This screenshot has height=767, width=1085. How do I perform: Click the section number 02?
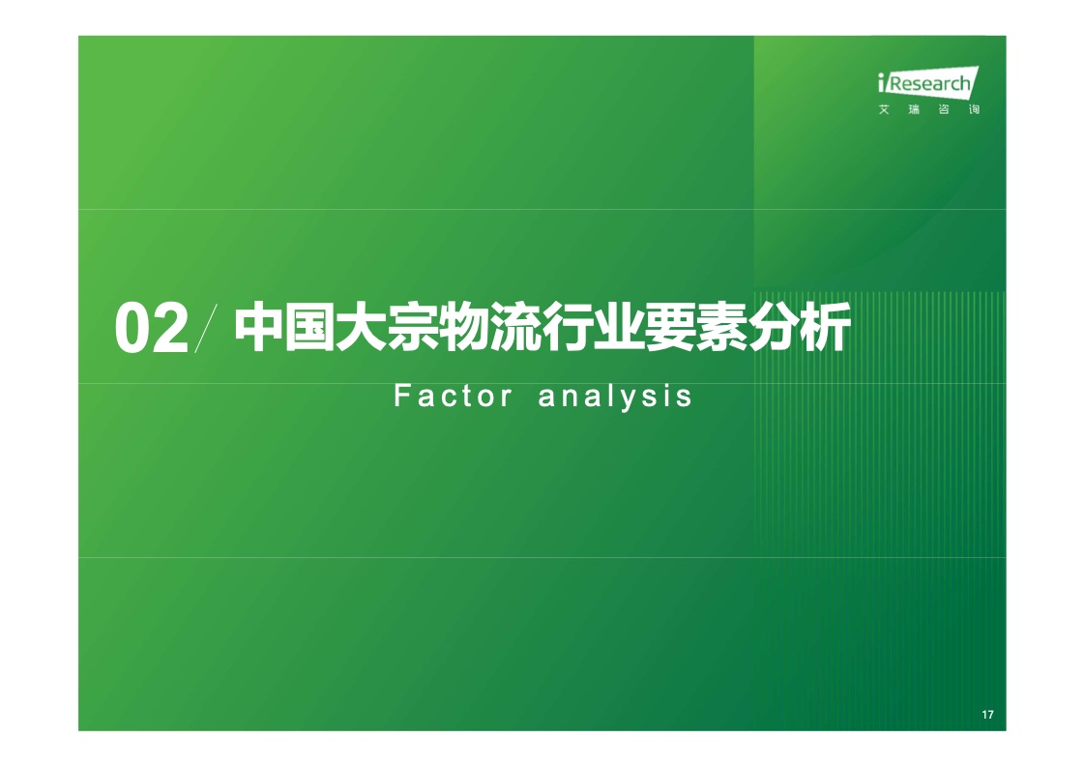point(152,328)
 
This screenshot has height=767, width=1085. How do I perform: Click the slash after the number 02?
point(206,328)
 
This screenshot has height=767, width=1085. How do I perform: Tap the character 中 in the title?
point(259,327)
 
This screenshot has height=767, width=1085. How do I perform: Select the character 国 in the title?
point(310,327)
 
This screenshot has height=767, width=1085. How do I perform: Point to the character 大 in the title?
point(362,327)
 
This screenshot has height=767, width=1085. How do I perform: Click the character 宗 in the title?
point(412,327)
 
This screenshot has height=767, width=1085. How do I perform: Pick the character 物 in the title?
point(463,327)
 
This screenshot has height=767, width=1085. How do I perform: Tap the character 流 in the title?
point(515,327)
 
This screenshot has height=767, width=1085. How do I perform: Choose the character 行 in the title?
point(567,327)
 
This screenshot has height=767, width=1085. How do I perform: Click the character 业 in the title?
point(618,327)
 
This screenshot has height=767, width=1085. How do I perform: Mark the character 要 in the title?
point(669,327)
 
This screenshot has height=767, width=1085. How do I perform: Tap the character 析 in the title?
point(824,327)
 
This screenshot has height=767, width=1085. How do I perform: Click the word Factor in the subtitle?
point(454,397)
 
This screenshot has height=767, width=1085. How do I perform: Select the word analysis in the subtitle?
point(615,398)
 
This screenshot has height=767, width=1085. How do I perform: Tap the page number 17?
point(987,715)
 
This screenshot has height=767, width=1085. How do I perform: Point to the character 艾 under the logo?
point(884,109)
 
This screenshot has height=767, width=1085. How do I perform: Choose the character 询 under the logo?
point(974,109)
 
